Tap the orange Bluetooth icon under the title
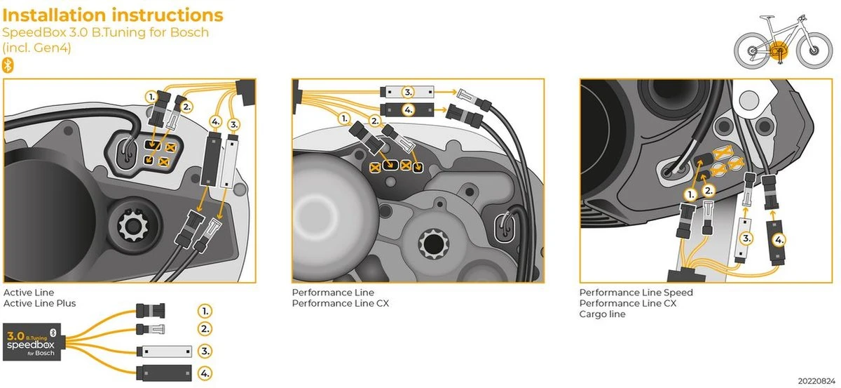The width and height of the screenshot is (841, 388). click(8, 65)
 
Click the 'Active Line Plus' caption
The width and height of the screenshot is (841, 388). click(40, 303)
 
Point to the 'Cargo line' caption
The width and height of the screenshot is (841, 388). click(602, 314)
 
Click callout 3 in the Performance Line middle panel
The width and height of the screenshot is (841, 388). click(408, 92)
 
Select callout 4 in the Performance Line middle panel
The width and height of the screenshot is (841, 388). click(408, 109)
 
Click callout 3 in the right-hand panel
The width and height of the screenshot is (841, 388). click(747, 239)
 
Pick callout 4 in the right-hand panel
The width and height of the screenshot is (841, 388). click(779, 239)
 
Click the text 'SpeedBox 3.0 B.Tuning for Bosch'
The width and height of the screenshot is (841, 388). click(106, 32)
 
